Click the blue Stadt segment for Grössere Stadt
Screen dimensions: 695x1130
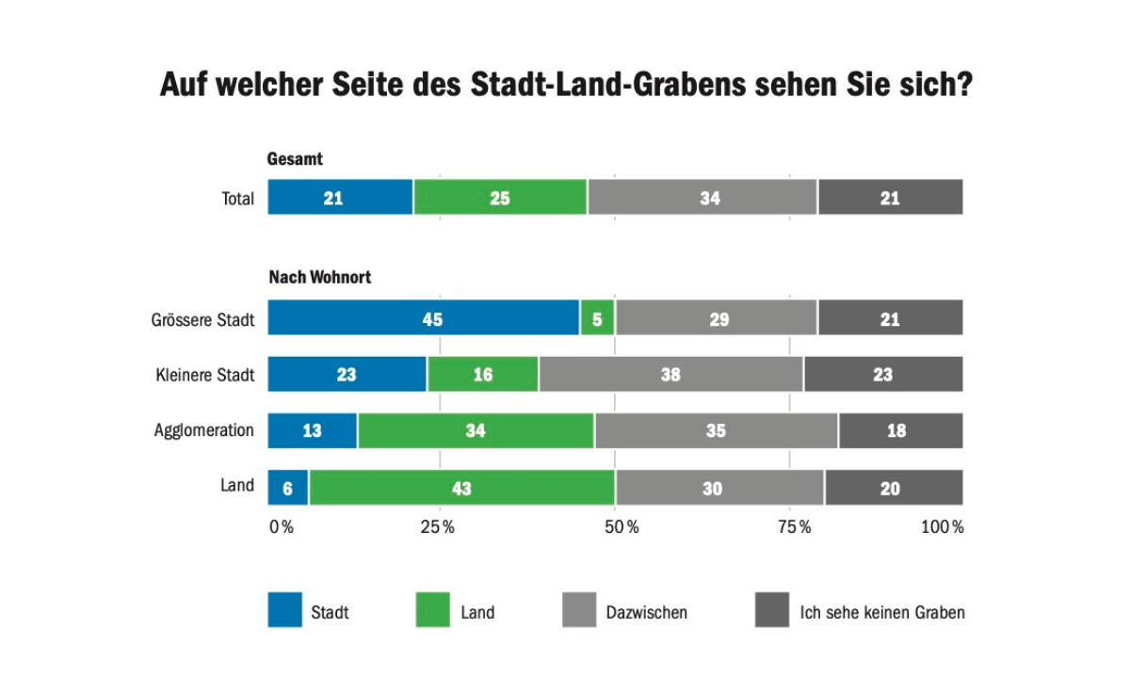point(424,318)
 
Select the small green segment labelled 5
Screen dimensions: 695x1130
point(597,318)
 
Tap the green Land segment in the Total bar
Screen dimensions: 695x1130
point(500,198)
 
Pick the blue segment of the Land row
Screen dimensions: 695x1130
point(287,488)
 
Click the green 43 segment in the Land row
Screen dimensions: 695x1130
point(461,488)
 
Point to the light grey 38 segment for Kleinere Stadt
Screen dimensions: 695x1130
point(670,375)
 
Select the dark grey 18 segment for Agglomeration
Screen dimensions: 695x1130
point(900,431)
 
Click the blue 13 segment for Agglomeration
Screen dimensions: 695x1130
point(312,431)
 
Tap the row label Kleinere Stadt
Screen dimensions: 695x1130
point(205,375)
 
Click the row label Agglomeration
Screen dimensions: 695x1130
point(204,430)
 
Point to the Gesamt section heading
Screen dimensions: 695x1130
point(295,160)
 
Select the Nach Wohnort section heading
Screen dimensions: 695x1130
point(320,278)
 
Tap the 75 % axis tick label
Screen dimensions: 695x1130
point(794,527)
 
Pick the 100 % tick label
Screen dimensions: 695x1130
point(942,527)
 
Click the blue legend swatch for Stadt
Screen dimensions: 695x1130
point(285,610)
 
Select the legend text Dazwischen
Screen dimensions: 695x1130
point(647,612)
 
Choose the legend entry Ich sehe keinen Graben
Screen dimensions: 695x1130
point(882,612)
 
